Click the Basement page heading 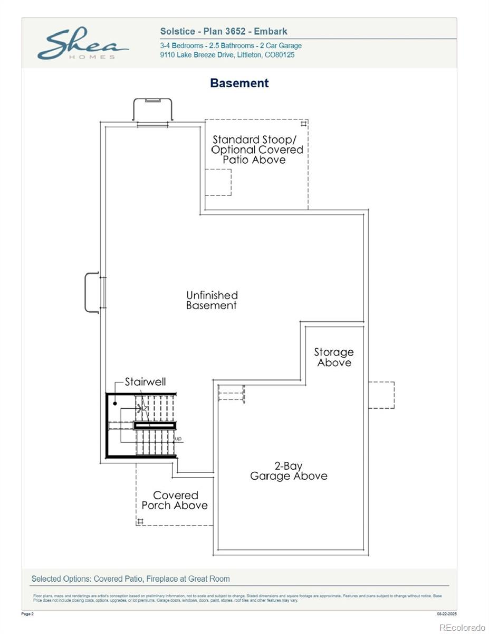coord(239,83)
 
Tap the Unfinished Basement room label coord(212,300)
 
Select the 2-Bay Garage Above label coord(289,471)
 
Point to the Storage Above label coord(334,357)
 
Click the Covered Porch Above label coord(175,500)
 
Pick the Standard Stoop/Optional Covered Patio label coord(257,150)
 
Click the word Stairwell coord(145,381)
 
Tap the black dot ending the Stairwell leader coord(115,403)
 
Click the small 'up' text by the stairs coord(178,439)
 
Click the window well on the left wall coord(92,292)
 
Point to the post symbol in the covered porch coord(140,521)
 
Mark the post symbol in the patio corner coord(303,124)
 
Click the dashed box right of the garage coord(381,395)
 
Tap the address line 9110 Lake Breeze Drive coord(227,55)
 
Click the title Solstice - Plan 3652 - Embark coord(224,32)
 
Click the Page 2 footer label coord(27,614)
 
